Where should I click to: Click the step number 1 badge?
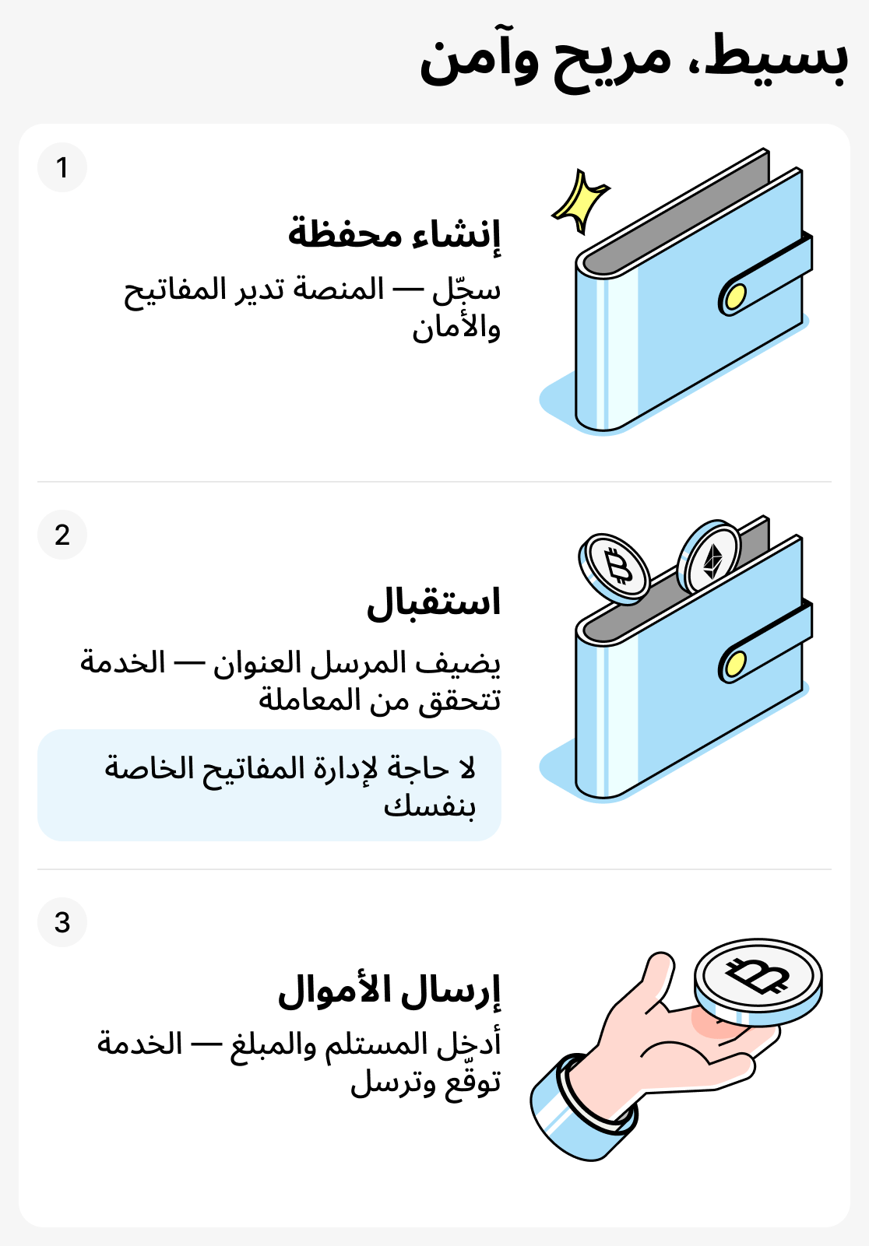coord(62,167)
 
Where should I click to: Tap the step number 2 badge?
coord(62,535)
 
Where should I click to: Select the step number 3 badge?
coord(62,922)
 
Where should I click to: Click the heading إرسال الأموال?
coord(389,991)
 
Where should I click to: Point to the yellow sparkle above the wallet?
coord(580,200)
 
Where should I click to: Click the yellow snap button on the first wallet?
coord(735,297)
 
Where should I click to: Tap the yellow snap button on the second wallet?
coord(735,664)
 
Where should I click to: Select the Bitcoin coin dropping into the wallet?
coord(615,569)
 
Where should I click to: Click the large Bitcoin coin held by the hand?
coord(758,980)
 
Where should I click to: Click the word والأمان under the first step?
coord(456,328)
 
